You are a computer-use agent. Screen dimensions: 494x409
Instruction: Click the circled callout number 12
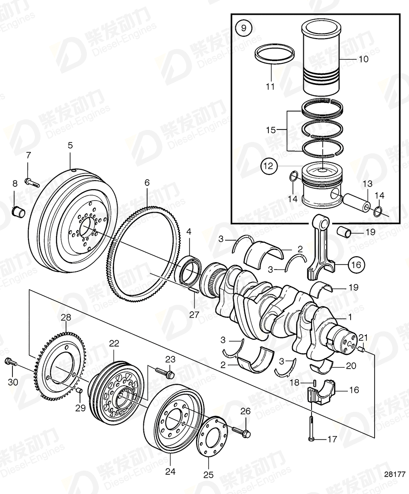(x=269, y=165)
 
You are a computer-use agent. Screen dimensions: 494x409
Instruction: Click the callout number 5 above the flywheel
(x=70, y=146)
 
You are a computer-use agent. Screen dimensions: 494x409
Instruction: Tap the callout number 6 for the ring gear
(x=147, y=182)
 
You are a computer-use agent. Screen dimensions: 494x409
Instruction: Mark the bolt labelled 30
(x=11, y=362)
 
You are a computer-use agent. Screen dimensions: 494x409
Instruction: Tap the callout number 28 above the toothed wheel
(x=66, y=317)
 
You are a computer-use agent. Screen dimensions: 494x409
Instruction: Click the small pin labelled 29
(x=79, y=390)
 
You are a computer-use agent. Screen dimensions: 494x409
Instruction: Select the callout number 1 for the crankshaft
(x=350, y=316)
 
